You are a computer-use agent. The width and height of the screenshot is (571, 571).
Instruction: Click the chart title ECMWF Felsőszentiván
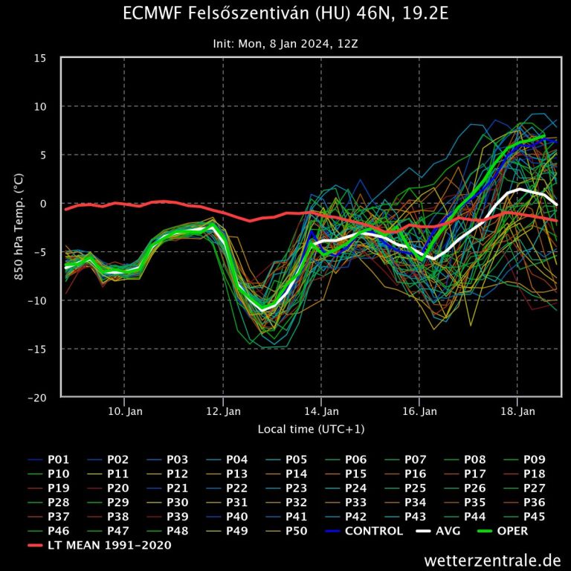click(285, 15)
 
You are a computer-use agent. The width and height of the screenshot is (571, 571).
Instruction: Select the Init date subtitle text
click(285, 44)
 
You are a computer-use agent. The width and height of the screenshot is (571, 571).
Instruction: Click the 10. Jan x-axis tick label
click(124, 411)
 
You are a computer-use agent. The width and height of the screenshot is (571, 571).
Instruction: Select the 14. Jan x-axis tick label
click(321, 411)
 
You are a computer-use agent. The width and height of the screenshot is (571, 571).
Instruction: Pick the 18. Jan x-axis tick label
click(517, 411)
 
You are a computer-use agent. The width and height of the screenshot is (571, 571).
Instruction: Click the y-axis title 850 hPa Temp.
click(18, 228)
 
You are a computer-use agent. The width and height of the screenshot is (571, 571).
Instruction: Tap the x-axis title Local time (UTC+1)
click(311, 429)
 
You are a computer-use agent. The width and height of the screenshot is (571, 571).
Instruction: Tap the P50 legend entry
click(297, 531)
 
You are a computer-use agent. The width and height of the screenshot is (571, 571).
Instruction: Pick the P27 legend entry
click(535, 488)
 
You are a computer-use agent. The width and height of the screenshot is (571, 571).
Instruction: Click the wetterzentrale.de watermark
click(492, 559)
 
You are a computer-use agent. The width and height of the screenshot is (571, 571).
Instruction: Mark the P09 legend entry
click(535, 459)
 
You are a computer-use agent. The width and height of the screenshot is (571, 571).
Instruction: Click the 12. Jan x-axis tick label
click(222, 411)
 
